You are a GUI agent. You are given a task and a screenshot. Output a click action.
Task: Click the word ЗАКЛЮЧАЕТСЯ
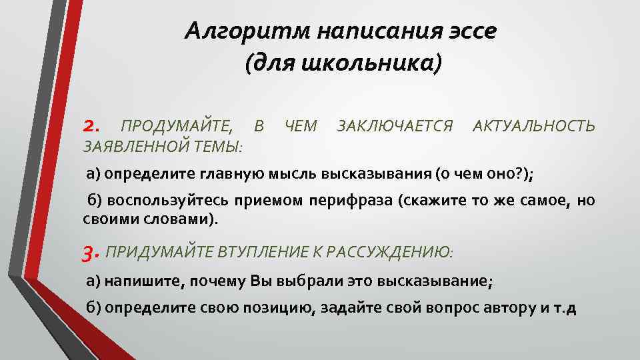(395, 125)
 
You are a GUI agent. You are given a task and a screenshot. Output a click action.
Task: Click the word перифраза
(355, 201)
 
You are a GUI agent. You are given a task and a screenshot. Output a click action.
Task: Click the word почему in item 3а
(218, 280)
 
